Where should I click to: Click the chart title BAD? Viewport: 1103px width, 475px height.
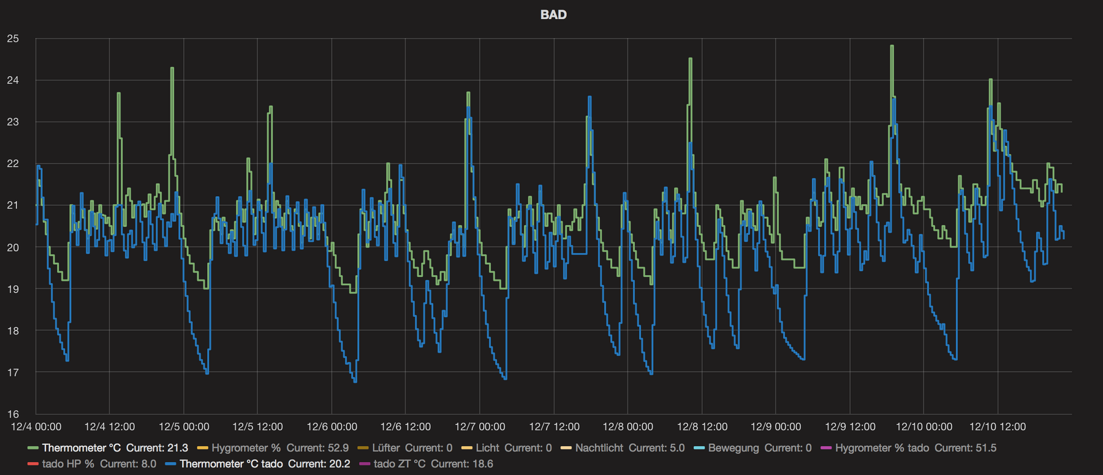553,15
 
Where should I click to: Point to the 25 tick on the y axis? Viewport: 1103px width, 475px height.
13,39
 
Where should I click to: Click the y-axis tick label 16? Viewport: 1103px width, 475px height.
13,414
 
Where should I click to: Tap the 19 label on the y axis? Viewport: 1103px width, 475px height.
13,289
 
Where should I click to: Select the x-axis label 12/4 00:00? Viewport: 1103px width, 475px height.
36,427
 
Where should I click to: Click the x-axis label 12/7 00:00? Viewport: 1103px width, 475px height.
480,427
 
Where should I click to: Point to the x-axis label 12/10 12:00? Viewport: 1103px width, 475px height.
998,427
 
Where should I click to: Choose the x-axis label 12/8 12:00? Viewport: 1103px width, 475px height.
702,427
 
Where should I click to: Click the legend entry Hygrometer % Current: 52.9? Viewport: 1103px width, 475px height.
273,448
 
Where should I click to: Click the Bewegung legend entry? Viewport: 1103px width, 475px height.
752,448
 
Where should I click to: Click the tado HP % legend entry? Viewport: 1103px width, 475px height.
92,464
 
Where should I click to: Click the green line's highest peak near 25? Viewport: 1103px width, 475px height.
892,47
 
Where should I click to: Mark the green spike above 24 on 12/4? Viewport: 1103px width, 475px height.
172,69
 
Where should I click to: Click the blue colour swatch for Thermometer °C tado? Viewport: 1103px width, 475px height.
171,464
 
